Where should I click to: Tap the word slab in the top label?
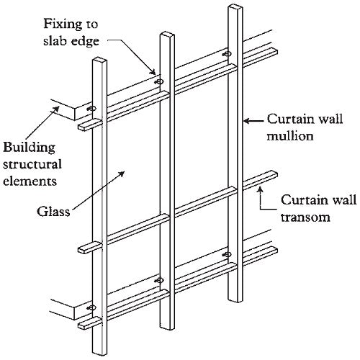[55, 41]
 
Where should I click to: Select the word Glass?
[53, 212]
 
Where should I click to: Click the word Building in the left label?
[29, 148]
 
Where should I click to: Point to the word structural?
[32, 164]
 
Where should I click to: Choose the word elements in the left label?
[30, 181]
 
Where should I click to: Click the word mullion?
[290, 136]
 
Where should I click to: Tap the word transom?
[305, 217]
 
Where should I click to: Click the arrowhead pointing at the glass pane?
[122, 174]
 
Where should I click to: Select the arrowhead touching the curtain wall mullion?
[247, 121]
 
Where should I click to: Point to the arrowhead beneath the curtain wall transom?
[260, 190]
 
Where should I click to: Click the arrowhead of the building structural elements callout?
[56, 109]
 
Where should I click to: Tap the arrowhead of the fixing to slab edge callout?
[153, 71]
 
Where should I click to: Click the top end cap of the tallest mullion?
[235, 6]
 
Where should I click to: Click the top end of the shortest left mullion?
[99, 58]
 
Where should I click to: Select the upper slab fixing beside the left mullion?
[91, 109]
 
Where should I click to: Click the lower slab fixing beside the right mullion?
[227, 254]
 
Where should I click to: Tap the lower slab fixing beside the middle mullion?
[159, 280]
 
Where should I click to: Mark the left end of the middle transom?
[82, 250]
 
